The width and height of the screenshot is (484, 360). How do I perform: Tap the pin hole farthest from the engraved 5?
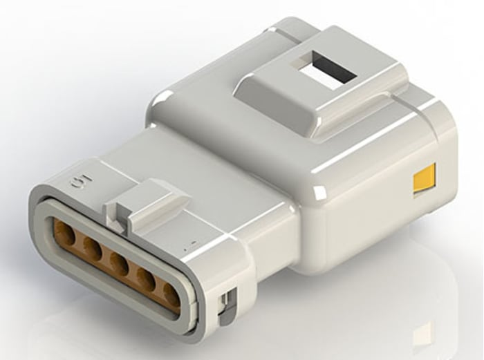coord(170,293)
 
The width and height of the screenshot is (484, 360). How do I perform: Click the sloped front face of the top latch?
coord(270,104)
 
